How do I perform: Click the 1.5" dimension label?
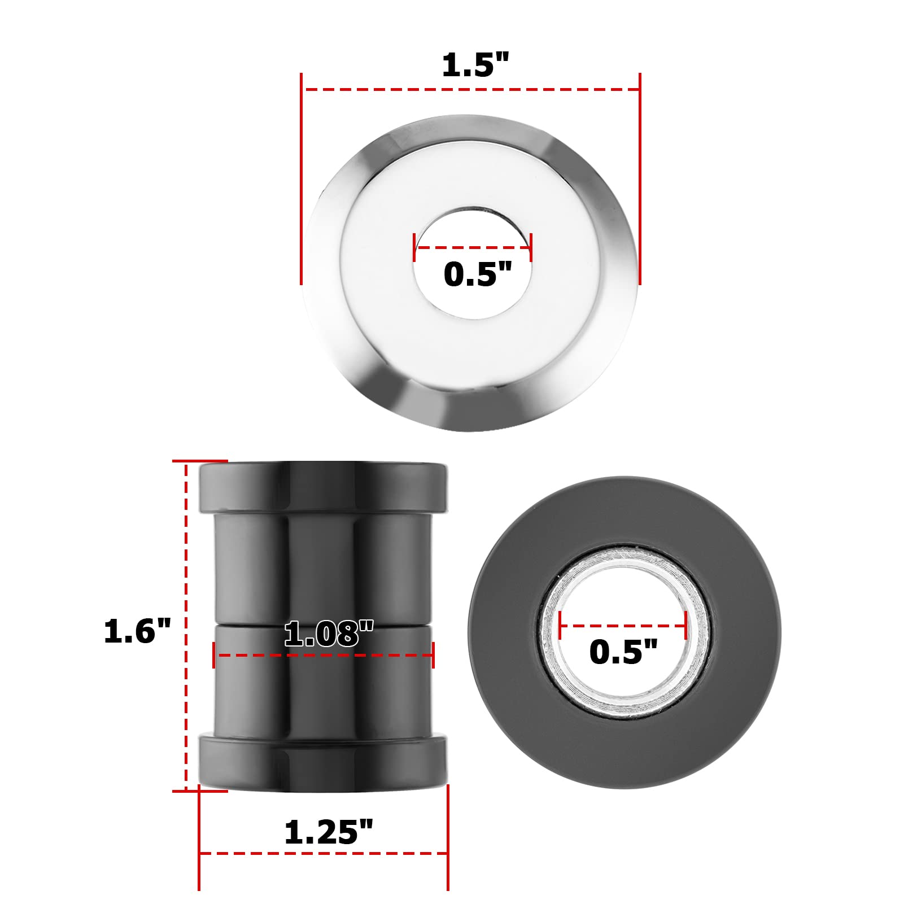[475, 65]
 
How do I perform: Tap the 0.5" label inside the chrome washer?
[477, 275]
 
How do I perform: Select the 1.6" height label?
[137, 631]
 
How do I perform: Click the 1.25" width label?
[329, 832]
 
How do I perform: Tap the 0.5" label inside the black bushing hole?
[623, 652]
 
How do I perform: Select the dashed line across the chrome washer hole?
[473, 247]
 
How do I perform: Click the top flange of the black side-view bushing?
[324, 486]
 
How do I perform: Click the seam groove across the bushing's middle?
[248, 625]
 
